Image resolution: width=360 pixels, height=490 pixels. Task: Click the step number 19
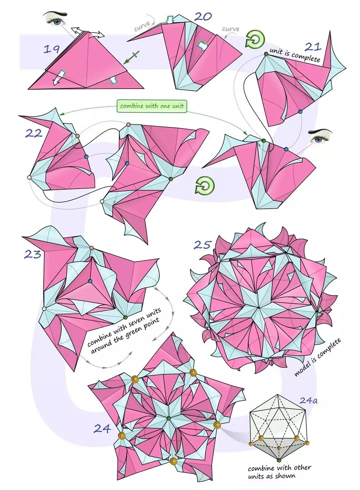pos(51,49)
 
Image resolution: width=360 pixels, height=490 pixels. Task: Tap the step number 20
pos(203,17)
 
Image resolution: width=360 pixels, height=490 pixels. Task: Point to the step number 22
pos(34,133)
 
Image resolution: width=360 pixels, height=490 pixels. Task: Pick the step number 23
pos(32,255)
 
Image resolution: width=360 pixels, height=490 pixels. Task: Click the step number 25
pos(203,244)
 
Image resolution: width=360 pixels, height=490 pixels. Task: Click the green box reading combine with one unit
pos(152,106)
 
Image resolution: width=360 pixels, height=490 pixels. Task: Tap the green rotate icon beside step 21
pos(255,39)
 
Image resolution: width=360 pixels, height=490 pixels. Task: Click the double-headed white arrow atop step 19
pos(87,32)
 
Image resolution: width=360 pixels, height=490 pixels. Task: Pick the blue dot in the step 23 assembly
pos(90,281)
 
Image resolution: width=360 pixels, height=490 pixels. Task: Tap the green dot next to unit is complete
pos(266,54)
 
